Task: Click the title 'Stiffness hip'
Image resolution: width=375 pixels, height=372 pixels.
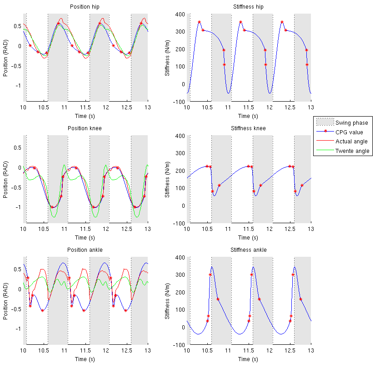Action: [x=248, y=7]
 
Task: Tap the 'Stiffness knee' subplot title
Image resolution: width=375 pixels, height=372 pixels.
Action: [x=248, y=128]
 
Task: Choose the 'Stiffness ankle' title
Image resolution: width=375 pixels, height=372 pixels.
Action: [x=248, y=250]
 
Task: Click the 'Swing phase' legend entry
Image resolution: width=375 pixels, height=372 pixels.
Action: [x=351, y=122]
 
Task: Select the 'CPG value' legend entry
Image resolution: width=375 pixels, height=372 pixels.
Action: [x=349, y=132]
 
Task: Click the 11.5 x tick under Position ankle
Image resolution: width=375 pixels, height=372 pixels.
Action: [x=85, y=351]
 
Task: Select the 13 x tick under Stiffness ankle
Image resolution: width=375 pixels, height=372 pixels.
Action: [x=311, y=351]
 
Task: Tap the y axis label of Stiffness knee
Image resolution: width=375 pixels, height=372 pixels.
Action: [x=168, y=180]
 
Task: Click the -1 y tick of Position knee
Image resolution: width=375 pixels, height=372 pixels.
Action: [x=18, y=207]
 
